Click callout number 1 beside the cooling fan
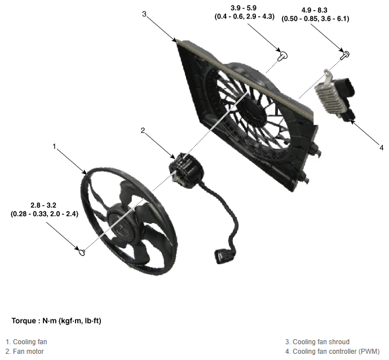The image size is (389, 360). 54,146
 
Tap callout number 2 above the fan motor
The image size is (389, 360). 143,130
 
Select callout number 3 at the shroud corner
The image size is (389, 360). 144,14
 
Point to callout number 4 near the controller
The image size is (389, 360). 381,148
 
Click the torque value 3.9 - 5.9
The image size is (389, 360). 244,8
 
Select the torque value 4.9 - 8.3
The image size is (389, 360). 314,10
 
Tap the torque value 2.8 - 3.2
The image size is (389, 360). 43,205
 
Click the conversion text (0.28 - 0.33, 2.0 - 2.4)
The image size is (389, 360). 45,214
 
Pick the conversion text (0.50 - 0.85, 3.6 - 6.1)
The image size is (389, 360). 315,19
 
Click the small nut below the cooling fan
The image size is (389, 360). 82,252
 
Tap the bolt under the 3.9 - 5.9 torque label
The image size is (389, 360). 282,56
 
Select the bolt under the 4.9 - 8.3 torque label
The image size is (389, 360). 345,55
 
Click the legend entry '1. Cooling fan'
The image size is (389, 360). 26,342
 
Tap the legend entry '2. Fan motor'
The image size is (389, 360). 25,352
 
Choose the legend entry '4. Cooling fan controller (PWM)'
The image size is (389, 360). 333,352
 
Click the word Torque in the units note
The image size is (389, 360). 24,321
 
